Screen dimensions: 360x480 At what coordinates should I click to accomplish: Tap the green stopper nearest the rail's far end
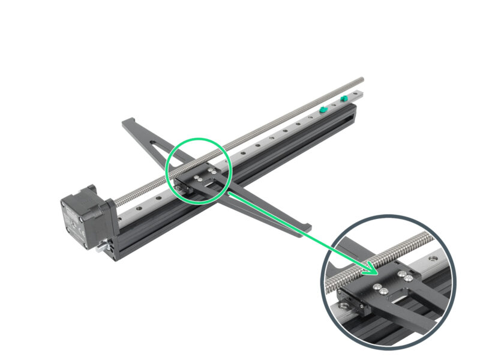(344, 98)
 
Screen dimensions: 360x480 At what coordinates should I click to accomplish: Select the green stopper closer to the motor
(323, 110)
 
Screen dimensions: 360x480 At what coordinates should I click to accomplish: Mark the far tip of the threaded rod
(362, 79)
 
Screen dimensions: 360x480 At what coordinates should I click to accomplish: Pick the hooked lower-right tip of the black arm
(307, 228)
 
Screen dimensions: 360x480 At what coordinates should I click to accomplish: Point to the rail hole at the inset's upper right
(433, 259)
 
